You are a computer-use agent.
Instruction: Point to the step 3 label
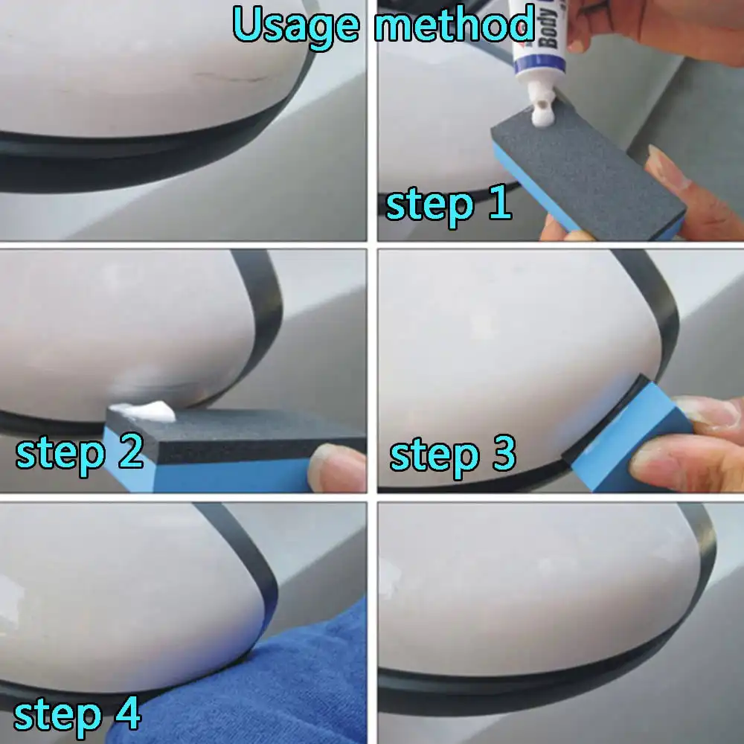coord(452,455)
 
